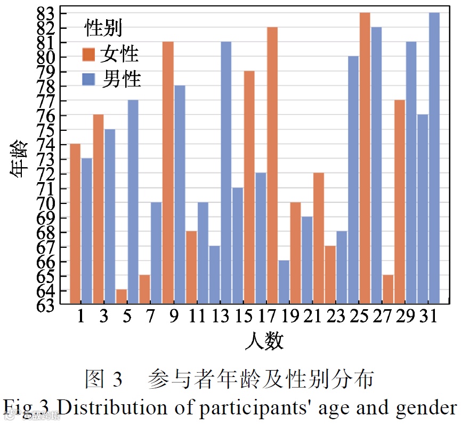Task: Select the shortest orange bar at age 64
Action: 121,297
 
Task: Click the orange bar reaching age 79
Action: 249,187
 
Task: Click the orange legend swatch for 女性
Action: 88,54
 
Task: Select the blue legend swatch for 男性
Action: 88,80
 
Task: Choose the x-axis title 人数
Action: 264,340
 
